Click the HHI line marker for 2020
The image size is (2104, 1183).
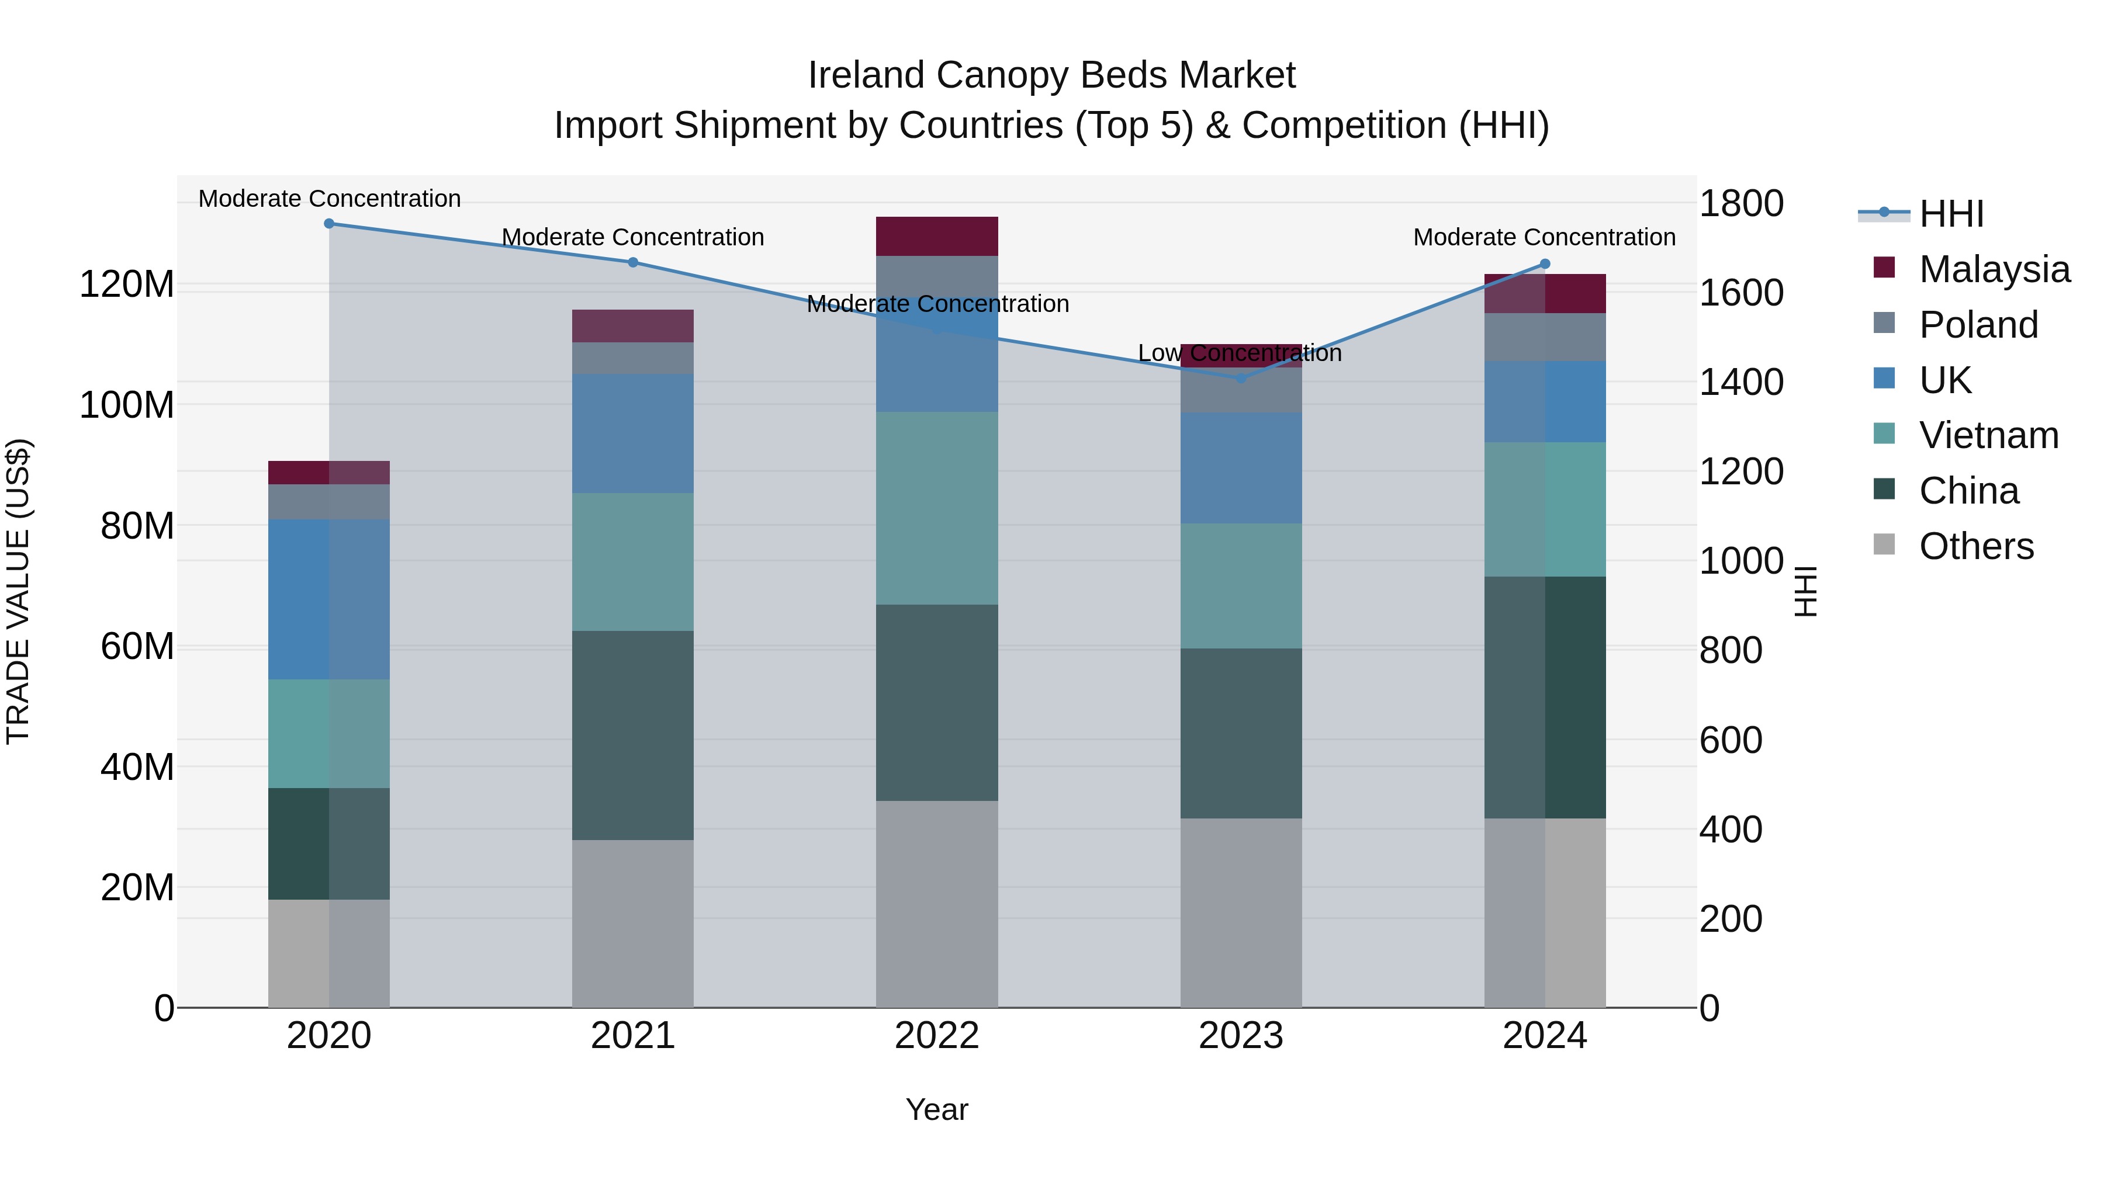pyautogui.click(x=329, y=224)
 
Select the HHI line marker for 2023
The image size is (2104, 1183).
pyautogui.click(x=1241, y=378)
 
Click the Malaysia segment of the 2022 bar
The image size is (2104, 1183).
pyautogui.click(x=937, y=237)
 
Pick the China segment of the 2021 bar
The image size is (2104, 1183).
pyautogui.click(x=633, y=735)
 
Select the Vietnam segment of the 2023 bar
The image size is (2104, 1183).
pyautogui.click(x=1241, y=586)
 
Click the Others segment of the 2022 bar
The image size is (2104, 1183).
pyautogui.click(x=937, y=904)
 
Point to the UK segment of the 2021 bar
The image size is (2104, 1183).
pyautogui.click(x=633, y=433)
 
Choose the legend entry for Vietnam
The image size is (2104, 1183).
pyautogui.click(x=1988, y=435)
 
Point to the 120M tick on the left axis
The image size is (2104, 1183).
pyautogui.click(x=127, y=285)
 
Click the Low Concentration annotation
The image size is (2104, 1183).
pyautogui.click(x=1239, y=353)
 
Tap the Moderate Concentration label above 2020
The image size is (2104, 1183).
pyautogui.click(x=329, y=199)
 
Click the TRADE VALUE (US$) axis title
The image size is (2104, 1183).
pyautogui.click(x=18, y=591)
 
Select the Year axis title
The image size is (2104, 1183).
pyautogui.click(x=937, y=1109)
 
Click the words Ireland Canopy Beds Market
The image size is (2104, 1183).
pyautogui.click(x=1051, y=75)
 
